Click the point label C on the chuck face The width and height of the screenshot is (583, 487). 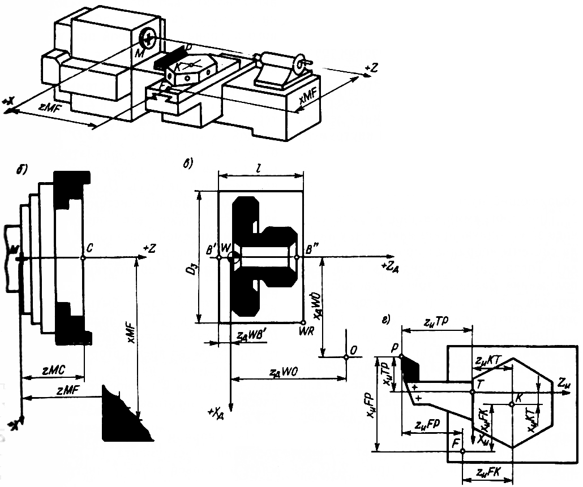(89, 248)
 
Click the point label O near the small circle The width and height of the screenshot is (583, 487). (354, 351)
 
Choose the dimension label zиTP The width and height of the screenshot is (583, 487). (436, 321)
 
